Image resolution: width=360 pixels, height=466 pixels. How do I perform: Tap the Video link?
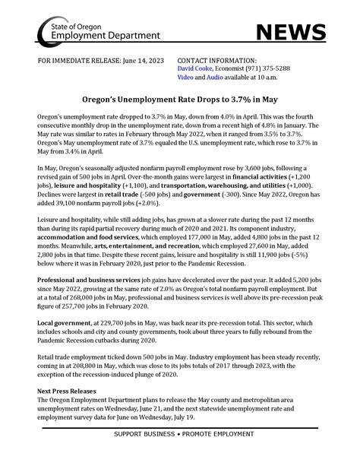(x=185, y=75)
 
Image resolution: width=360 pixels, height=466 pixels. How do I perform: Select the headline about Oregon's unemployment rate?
(x=179, y=98)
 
